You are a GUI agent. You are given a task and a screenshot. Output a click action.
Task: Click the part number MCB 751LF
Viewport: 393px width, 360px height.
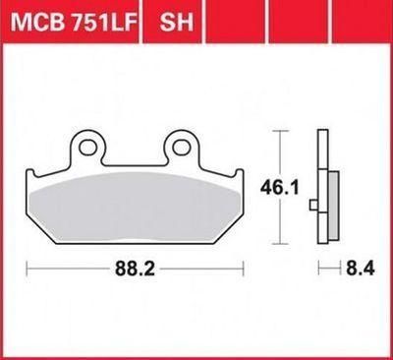(74, 23)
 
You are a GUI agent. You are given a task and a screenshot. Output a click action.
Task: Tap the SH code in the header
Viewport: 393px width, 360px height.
(176, 23)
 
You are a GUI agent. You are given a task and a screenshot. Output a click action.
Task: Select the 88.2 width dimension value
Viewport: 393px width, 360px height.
(135, 270)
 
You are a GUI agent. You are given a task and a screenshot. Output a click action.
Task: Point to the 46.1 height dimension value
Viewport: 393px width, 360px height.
(279, 188)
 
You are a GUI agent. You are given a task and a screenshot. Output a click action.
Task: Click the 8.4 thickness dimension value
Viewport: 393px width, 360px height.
(360, 270)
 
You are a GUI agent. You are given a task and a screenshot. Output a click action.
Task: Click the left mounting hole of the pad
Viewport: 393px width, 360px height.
(86, 148)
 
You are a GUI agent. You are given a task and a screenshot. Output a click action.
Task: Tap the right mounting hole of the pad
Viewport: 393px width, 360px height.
(180, 148)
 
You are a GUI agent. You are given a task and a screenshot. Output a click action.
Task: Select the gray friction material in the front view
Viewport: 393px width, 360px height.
(135, 208)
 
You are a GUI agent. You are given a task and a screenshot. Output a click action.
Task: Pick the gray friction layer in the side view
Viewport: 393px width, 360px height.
(333, 206)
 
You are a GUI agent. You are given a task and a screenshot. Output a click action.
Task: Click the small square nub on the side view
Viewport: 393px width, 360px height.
(313, 206)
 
